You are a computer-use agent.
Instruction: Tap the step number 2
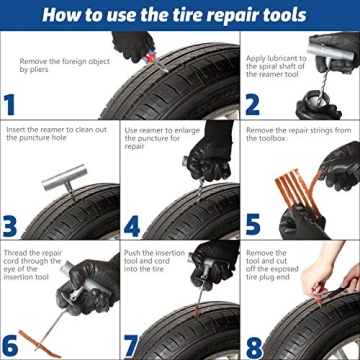[252, 104]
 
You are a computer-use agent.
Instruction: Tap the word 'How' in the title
[65, 14]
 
